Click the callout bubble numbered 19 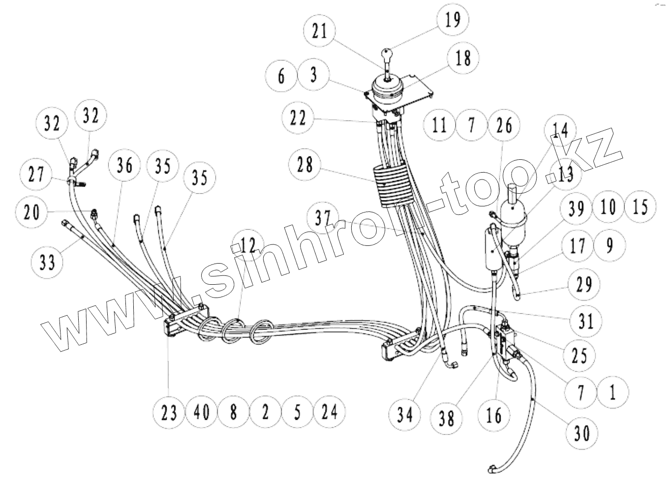click(453, 20)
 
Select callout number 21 click(319, 31)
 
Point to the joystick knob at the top click(387, 52)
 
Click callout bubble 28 click(305, 164)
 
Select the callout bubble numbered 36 click(125, 165)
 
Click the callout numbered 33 click(47, 263)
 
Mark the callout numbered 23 click(168, 412)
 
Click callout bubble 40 click(201, 412)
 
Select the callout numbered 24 click(329, 412)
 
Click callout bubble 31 click(586, 322)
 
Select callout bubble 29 click(584, 285)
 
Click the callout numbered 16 click(493, 416)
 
